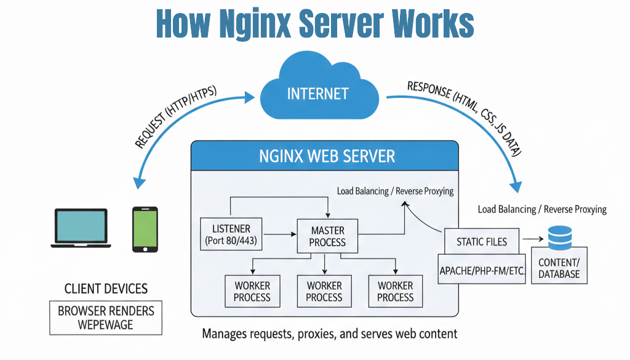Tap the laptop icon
pos(81,228)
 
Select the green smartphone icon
pos(145,229)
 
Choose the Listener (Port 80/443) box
pos(231,233)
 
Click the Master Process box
pos(327,236)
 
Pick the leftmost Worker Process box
pos(252,291)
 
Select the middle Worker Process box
pos(324,291)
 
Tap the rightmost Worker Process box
pos(395,291)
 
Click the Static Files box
pos(482,241)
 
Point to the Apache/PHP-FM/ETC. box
pos(482,270)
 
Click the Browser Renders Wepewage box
pos(106,318)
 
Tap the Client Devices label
pos(106,289)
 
